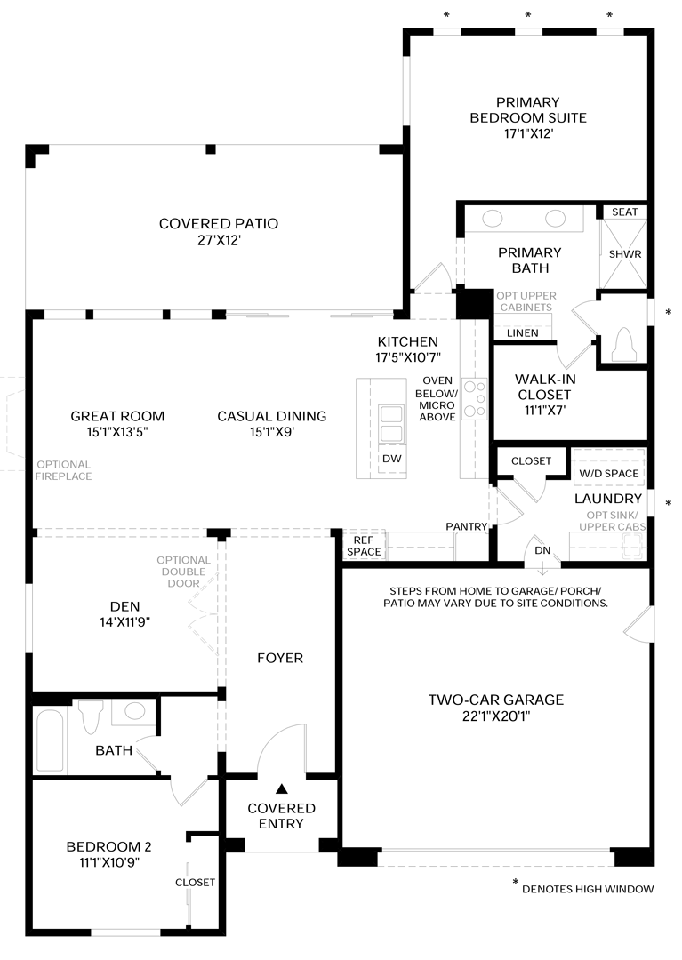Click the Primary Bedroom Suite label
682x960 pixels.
click(527, 117)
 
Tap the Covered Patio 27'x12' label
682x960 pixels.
click(219, 232)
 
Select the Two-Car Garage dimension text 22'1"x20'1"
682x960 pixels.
click(496, 716)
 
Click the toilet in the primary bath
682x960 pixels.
click(623, 344)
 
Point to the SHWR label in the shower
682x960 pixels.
click(624, 254)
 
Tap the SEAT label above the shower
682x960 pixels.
click(624, 212)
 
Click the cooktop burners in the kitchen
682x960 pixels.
click(475, 398)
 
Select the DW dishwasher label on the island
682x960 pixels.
click(392, 459)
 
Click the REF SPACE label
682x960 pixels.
click(364, 546)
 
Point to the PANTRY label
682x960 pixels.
click(467, 526)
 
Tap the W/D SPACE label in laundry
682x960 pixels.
click(608, 473)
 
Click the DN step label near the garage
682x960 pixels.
click(542, 550)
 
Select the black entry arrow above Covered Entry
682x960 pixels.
click(281, 788)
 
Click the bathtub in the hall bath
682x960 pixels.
click(50, 740)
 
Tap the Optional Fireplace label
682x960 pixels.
click(63, 470)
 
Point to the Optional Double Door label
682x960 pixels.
click(183, 572)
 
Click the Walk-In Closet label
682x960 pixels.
click(544, 395)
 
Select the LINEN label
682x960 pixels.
click(523, 333)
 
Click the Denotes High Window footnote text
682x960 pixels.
click(588, 889)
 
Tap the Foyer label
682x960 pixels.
click(280, 658)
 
